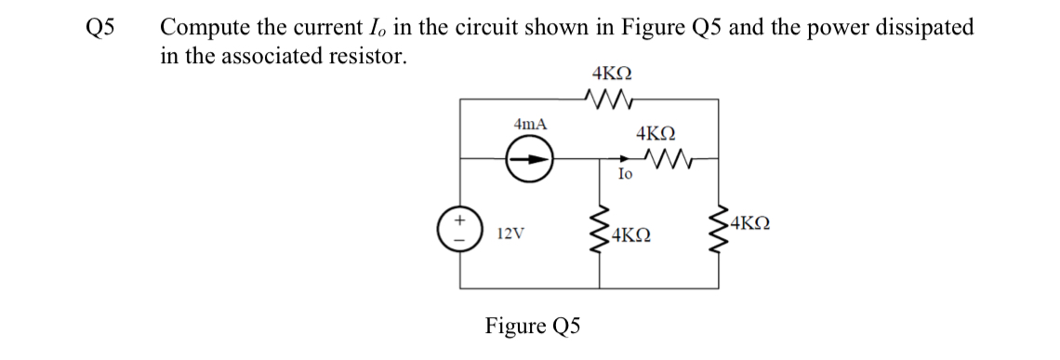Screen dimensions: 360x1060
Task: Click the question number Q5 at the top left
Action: pyautogui.click(x=99, y=28)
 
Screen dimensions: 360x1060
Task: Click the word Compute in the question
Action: pyautogui.click(x=201, y=28)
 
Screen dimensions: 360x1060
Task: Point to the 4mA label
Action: pyautogui.click(x=530, y=124)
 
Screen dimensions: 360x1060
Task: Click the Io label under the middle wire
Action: pyautogui.click(x=625, y=174)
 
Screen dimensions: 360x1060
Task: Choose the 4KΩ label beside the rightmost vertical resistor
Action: pyautogui.click(x=752, y=223)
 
